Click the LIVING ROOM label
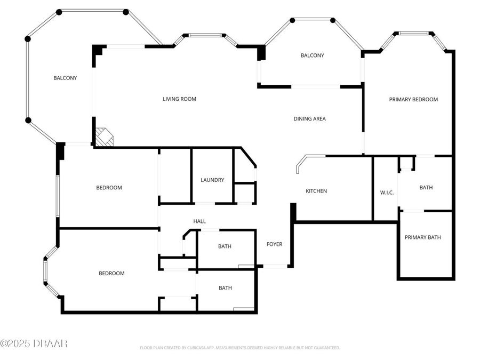(179, 99)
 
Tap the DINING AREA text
(309, 119)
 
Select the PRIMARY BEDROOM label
(413, 99)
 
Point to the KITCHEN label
(316, 191)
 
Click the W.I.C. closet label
(387, 193)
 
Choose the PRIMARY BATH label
(422, 237)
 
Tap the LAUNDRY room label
(212, 180)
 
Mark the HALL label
(199, 221)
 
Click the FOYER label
(274, 244)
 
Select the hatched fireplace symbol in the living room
(105, 137)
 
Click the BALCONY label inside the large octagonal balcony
(65, 78)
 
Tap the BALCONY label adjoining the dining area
(312, 55)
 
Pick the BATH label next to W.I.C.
(426, 188)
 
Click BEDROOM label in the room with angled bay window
(111, 274)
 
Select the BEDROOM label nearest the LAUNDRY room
(109, 188)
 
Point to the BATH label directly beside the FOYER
(225, 246)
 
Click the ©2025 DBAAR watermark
(34, 343)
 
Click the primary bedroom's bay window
(414, 34)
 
